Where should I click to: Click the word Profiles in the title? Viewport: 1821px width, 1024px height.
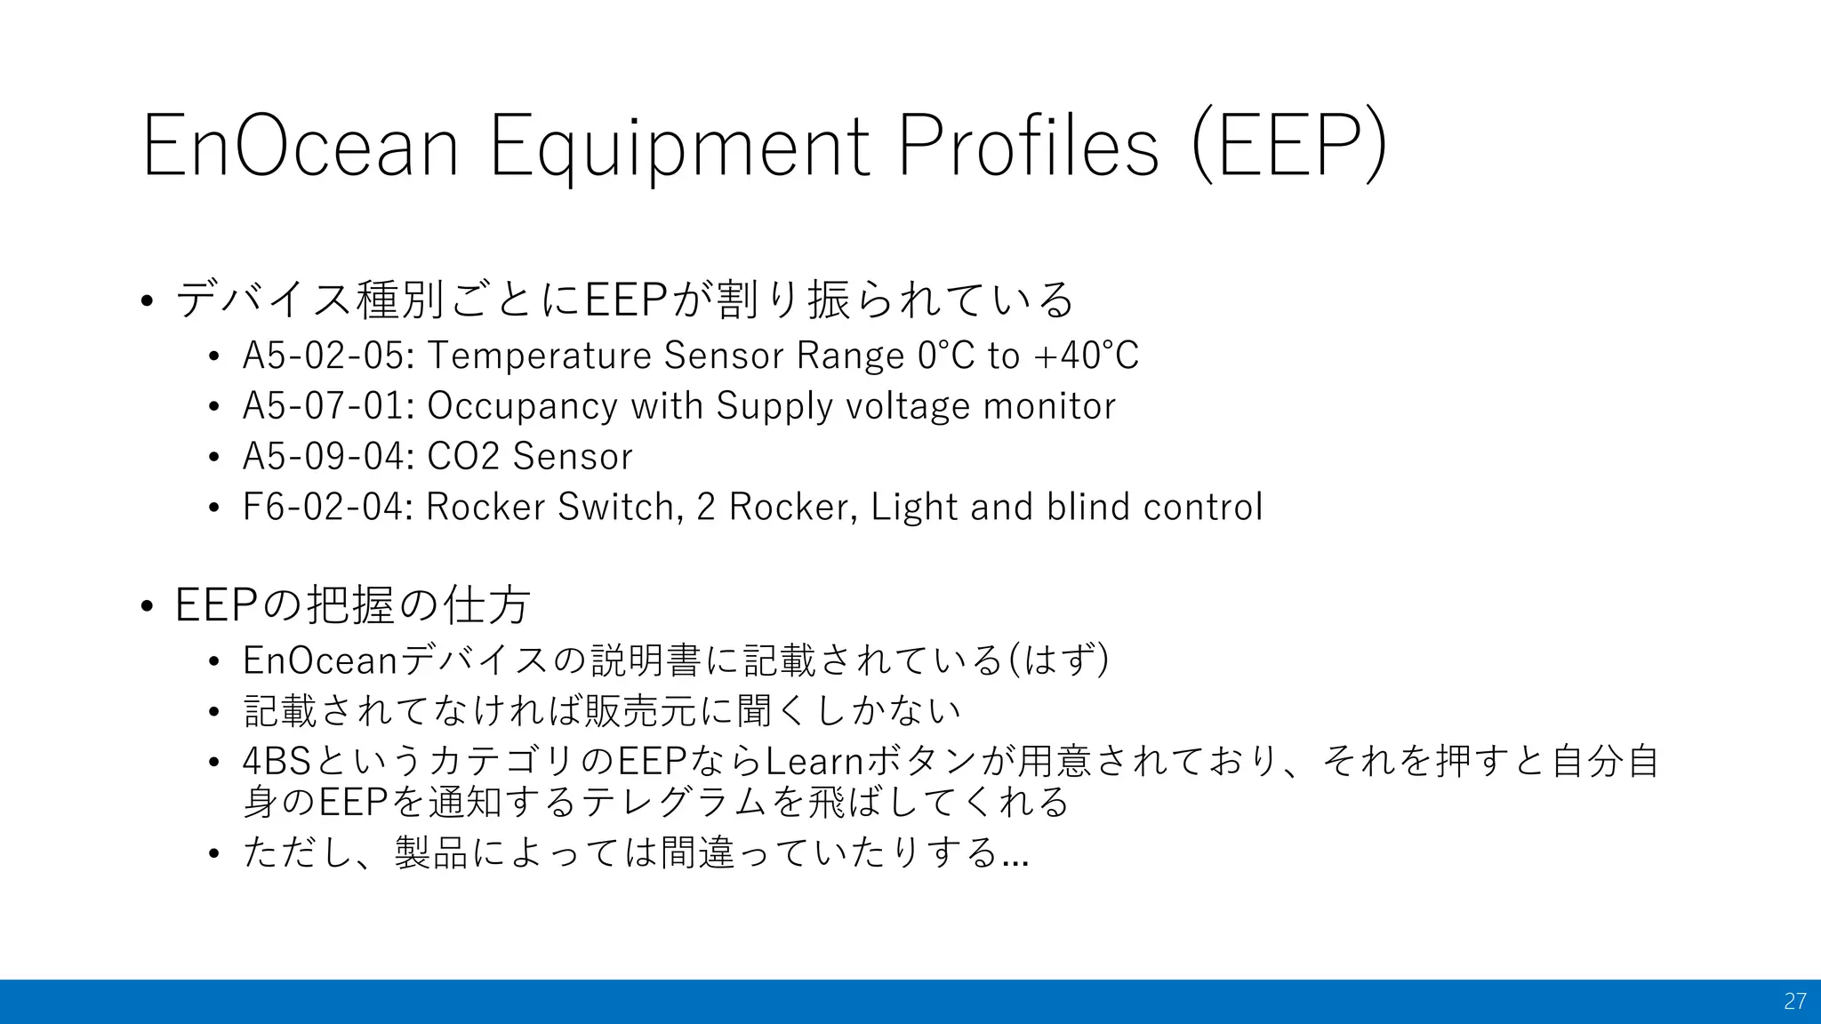point(1029,145)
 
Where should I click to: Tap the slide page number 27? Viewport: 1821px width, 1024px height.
point(1794,1001)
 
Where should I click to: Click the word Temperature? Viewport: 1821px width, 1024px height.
point(540,356)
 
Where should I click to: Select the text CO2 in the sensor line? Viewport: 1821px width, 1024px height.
point(463,457)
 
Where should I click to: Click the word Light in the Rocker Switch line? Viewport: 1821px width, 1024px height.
point(915,508)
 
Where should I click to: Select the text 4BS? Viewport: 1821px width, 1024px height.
point(277,762)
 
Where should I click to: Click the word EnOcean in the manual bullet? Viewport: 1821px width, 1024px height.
point(320,660)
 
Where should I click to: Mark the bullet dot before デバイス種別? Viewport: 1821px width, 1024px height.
point(148,300)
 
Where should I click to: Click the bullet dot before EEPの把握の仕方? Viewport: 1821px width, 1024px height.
point(148,607)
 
